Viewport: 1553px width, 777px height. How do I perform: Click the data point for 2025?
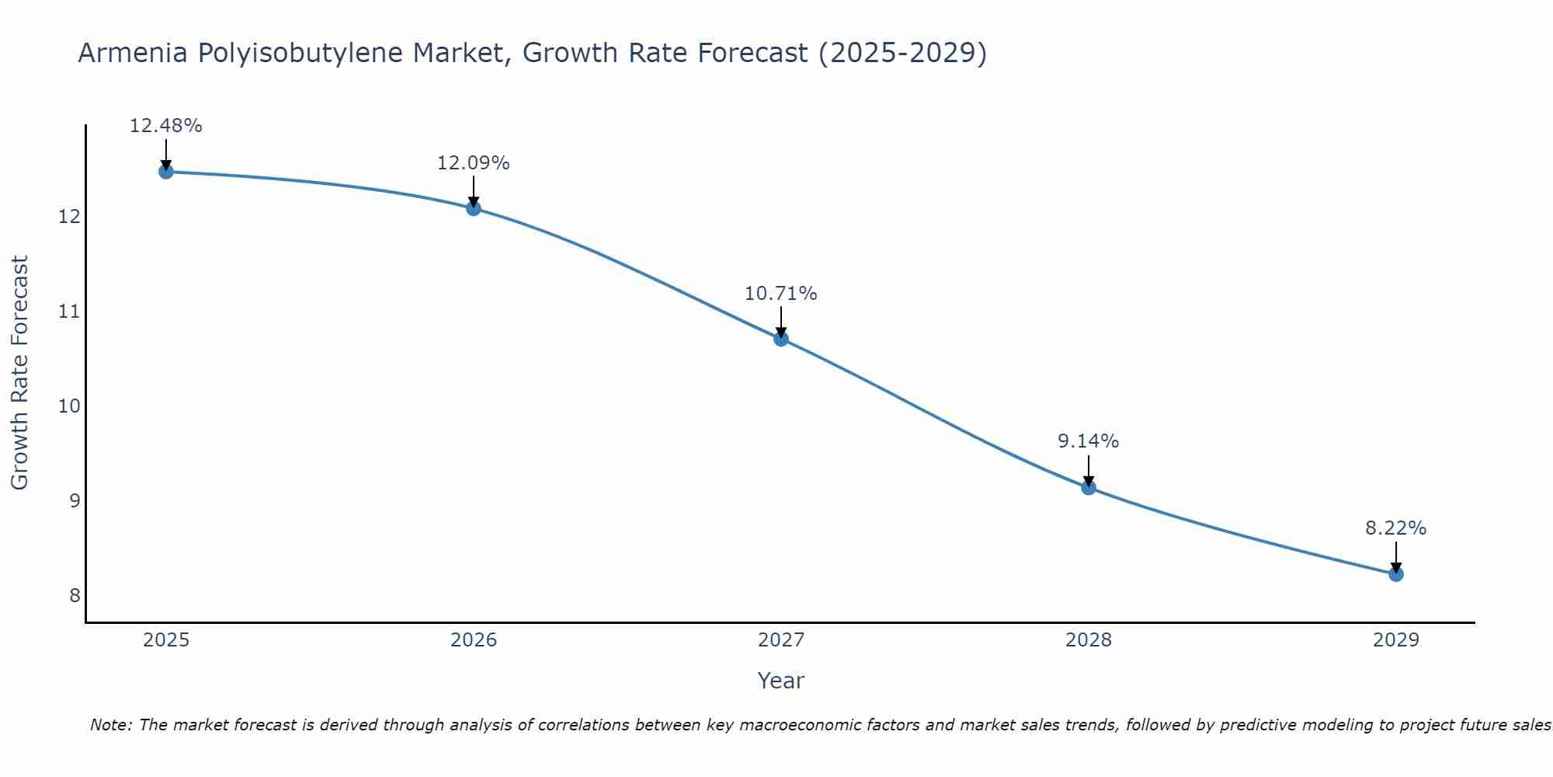coord(166,171)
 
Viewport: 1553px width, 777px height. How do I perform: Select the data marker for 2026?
coord(474,208)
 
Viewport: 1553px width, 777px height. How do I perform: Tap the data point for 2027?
coord(781,339)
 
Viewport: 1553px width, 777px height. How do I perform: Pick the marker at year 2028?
coord(1089,488)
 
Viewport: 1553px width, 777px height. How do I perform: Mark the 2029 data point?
coord(1396,574)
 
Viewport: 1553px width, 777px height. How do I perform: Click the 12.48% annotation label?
coord(166,126)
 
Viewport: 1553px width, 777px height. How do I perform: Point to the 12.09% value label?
coord(474,163)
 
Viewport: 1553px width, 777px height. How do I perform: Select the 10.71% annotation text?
coord(781,294)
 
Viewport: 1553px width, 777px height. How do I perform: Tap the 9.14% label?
coord(1089,441)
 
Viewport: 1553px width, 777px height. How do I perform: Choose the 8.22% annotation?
coord(1396,528)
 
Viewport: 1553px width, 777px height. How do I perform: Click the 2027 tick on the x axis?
coord(781,640)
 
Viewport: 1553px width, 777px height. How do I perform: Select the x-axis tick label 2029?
coord(1396,640)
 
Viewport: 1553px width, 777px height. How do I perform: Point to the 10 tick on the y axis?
coord(70,406)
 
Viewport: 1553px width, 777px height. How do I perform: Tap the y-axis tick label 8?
coord(75,596)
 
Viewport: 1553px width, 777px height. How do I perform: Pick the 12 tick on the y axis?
coord(70,217)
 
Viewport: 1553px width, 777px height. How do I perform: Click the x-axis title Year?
coord(781,681)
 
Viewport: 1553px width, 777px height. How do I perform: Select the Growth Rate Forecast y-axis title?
coord(20,373)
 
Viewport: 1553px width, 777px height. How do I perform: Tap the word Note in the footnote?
coord(111,725)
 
